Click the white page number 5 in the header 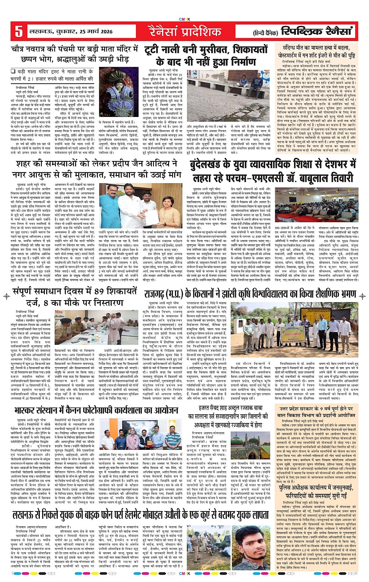pyautogui.click(x=18, y=32)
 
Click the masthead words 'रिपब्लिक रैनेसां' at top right pyautogui.click(x=317, y=31)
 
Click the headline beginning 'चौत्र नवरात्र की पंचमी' pyautogui.click(x=74, y=54)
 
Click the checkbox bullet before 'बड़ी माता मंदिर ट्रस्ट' pyautogui.click(x=13, y=71)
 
